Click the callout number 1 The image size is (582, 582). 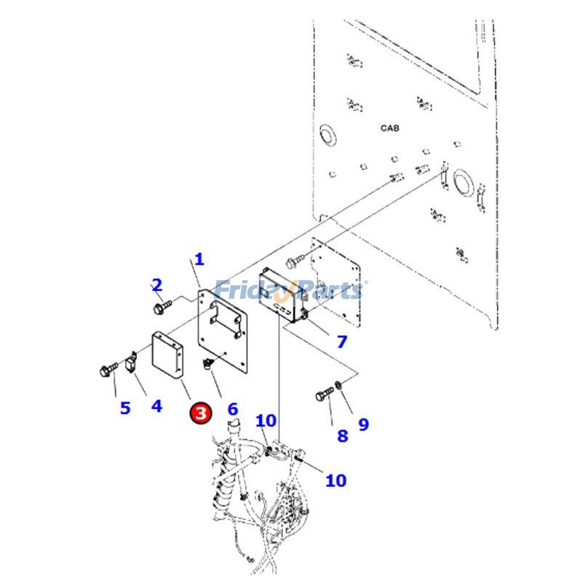click(199, 259)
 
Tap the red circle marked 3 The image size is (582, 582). click(201, 413)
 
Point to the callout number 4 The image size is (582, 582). click(156, 404)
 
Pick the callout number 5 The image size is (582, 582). click(125, 407)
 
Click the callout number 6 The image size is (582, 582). click(232, 409)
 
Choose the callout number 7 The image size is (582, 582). click(341, 341)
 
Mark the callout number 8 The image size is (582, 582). click(342, 436)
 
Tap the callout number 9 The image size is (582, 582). click(363, 424)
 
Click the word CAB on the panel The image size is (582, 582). click(390, 128)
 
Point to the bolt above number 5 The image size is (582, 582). click(107, 371)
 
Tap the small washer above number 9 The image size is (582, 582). click(339, 384)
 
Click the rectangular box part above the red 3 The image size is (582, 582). click(167, 356)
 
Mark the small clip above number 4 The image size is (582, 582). click(132, 362)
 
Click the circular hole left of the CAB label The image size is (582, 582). click(326, 133)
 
